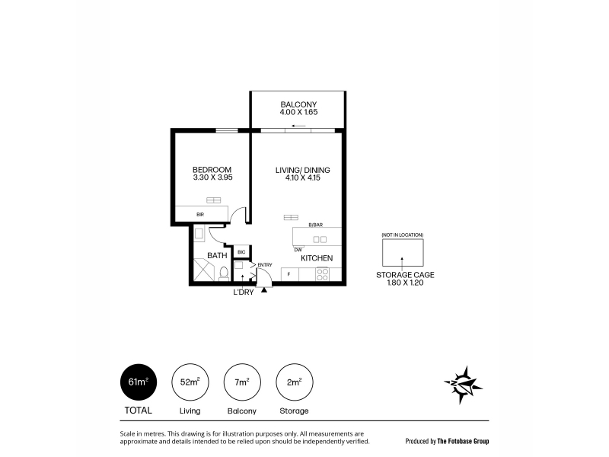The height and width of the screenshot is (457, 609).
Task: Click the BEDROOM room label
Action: point(212,170)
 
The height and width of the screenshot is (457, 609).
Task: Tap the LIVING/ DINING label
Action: point(302,170)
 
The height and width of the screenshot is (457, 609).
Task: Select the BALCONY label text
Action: point(298,104)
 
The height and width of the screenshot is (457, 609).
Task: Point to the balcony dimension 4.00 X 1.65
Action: point(298,112)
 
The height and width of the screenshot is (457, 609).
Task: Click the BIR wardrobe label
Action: point(200,215)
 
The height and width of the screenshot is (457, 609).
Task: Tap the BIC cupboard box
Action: point(241,252)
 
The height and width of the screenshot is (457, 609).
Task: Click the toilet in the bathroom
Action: point(224,273)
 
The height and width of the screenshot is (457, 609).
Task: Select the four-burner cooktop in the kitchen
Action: point(322,274)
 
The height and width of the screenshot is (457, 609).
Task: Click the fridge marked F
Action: point(289,274)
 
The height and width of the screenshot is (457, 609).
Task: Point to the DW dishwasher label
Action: point(298,250)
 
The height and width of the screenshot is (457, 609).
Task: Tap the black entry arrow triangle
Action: point(264,289)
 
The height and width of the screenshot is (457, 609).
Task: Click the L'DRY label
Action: point(243,292)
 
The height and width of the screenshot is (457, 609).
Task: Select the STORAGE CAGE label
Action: point(405,275)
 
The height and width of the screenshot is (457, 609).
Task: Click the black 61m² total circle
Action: point(139,382)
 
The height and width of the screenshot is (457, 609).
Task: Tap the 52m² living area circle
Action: point(190,382)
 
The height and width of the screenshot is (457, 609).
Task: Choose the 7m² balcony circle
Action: point(242,382)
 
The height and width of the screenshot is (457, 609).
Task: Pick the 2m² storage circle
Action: point(295,382)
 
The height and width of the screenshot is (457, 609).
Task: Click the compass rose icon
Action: point(463,385)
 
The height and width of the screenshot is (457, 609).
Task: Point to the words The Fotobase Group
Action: point(463,441)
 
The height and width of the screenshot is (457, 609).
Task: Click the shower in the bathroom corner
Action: point(204,270)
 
